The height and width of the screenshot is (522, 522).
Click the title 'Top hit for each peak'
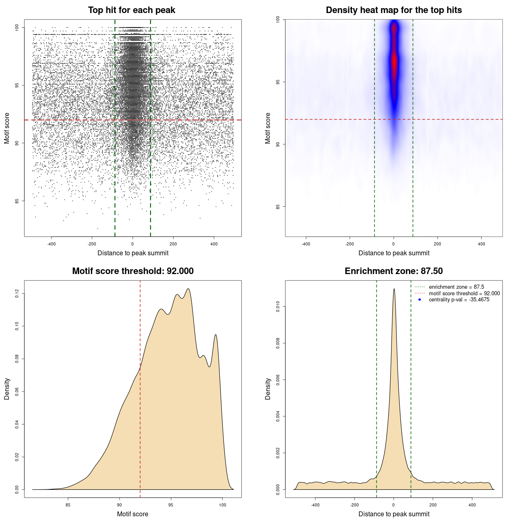click(131, 10)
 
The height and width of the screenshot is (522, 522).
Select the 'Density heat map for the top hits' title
click(394, 10)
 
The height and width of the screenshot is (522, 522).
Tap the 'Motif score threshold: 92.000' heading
click(133, 271)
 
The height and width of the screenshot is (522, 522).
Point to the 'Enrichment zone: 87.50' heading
click(394, 271)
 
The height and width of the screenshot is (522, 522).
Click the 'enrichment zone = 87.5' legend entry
click(456, 287)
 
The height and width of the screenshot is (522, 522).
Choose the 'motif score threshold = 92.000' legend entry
click(464, 293)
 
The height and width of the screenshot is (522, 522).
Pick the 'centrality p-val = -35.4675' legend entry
click(459, 300)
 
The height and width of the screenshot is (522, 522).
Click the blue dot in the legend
click(420, 300)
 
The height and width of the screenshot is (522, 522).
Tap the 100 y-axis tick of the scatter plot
click(17, 27)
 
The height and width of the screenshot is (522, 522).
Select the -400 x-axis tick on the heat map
click(306, 244)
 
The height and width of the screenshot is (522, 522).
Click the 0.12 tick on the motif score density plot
click(17, 293)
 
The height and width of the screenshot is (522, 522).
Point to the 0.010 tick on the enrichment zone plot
click(278, 307)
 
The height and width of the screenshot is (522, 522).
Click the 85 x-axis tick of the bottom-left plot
click(68, 505)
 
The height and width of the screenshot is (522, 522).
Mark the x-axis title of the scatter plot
click(133, 253)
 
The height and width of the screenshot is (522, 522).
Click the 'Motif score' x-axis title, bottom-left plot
click(133, 514)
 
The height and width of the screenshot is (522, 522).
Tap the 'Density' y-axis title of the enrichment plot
click(268, 389)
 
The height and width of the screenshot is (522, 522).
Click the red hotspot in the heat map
click(394, 61)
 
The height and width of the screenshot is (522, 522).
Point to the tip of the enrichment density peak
click(394, 289)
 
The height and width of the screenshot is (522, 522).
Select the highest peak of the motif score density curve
click(188, 289)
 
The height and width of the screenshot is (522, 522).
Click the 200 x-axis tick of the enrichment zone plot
click(433, 505)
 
